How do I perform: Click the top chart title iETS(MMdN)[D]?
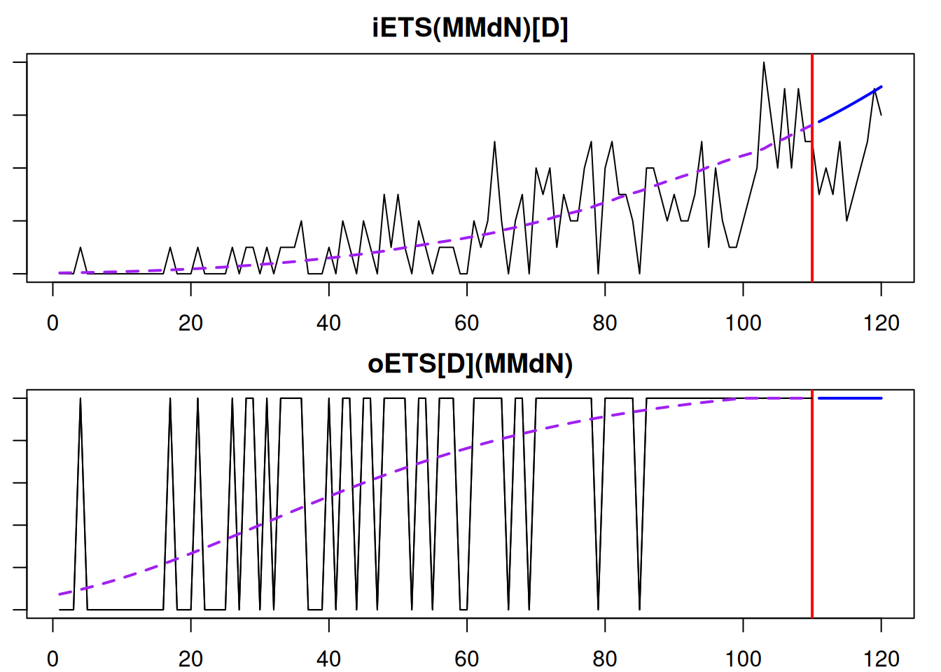point(470,28)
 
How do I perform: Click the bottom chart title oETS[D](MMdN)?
point(470,364)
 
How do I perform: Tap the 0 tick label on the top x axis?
point(53,323)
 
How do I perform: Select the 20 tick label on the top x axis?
point(190,323)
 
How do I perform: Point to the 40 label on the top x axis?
point(328,323)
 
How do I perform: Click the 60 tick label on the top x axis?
point(467,323)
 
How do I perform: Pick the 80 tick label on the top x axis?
point(605,323)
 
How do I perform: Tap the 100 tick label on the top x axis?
point(743,323)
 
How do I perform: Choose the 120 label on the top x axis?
point(881,323)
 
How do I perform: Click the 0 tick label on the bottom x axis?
point(53,659)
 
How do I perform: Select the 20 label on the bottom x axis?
point(190,659)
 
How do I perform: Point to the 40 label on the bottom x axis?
point(328,659)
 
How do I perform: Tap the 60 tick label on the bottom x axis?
point(467,659)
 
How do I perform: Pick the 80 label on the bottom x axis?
point(605,659)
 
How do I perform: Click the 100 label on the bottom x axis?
point(743,659)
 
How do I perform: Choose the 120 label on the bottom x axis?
point(881,659)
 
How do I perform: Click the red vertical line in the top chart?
point(812,210)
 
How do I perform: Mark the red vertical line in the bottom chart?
point(812,504)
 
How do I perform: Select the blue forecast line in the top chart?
point(850,104)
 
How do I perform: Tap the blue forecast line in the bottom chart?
point(850,398)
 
